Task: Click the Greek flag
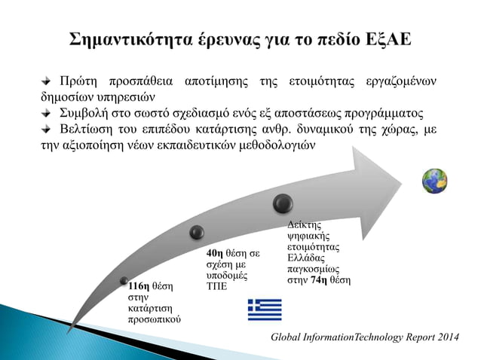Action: [264, 310]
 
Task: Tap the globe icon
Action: [434, 181]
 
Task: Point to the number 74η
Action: [321, 280]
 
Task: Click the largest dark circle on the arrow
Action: [283, 203]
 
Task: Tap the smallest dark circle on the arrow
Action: [124, 280]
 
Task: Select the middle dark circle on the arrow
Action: [197, 232]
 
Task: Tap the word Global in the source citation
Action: [290, 334]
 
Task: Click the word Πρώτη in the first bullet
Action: [77, 81]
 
